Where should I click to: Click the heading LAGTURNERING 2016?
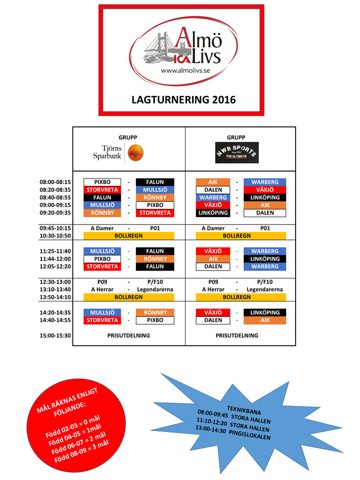click(x=183, y=99)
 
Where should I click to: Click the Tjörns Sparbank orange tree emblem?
click(x=135, y=153)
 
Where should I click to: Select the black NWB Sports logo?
click(x=237, y=152)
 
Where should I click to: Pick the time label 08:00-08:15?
click(x=55, y=182)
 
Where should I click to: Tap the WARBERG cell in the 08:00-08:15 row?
click(x=265, y=182)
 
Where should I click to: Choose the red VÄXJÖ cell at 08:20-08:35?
click(x=265, y=190)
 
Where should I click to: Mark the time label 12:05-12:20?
click(x=55, y=266)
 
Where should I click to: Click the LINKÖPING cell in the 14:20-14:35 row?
click(x=265, y=312)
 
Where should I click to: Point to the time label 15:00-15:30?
click(x=55, y=335)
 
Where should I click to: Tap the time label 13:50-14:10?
click(x=55, y=297)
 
